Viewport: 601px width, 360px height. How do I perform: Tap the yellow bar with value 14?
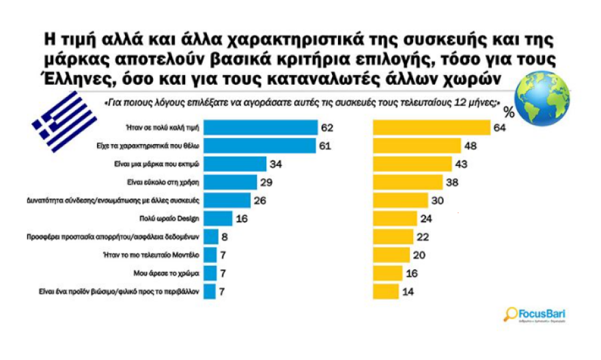pyautogui.click(x=390, y=292)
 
